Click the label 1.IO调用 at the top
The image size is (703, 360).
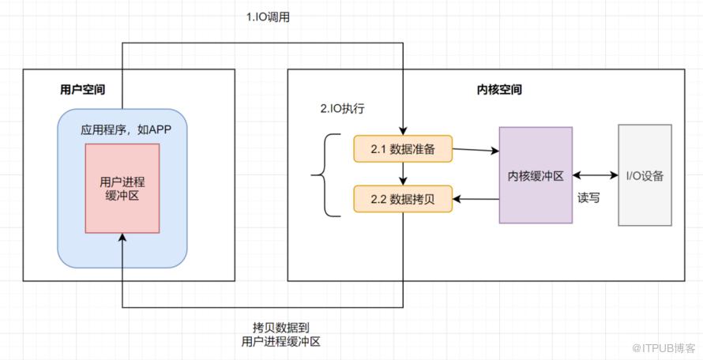point(268,17)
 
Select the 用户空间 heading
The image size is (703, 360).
point(82,89)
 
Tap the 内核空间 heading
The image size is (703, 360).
point(499,90)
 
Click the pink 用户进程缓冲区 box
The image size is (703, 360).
point(122,188)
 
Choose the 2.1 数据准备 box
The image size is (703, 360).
point(402,148)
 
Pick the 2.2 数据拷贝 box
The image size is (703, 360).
point(402,201)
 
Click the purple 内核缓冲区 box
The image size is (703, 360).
point(535,175)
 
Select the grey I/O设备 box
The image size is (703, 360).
point(645,175)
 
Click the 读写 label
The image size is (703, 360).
point(588,198)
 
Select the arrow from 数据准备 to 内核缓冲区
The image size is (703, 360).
point(475,148)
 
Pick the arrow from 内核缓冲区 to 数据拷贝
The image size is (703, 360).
point(475,201)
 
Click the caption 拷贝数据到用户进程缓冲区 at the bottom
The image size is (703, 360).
point(281,334)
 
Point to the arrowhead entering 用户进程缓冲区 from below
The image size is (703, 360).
point(122,239)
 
